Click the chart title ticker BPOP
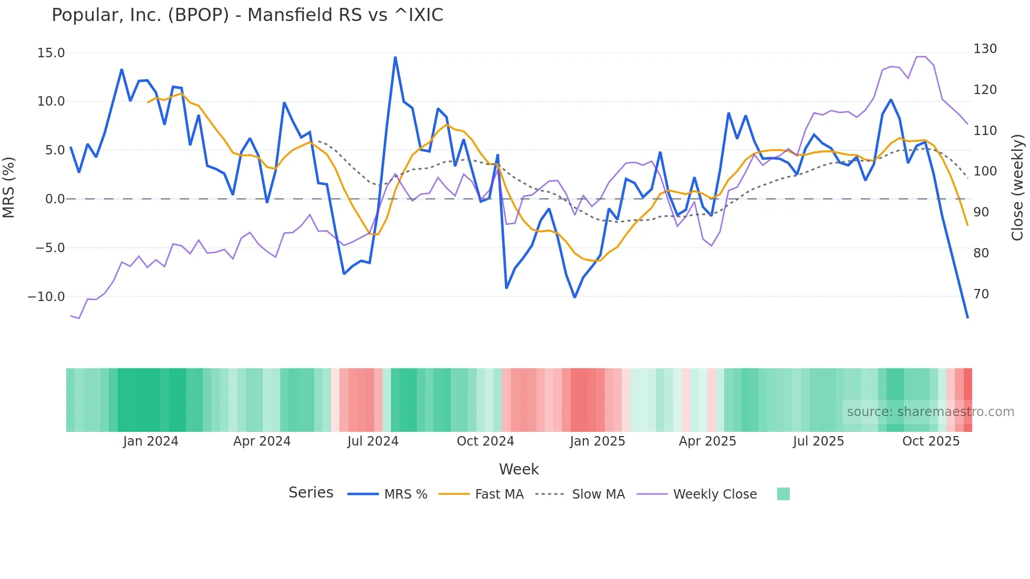(198, 15)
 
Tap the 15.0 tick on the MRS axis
(51, 53)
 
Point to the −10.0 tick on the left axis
(46, 297)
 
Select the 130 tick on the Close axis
(985, 49)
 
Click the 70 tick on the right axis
(981, 294)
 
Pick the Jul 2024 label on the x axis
(373, 441)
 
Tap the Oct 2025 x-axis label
(931, 441)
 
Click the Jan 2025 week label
(597, 441)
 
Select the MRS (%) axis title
(9, 188)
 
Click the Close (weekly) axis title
(1017, 188)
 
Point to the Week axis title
(519, 469)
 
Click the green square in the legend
(783, 494)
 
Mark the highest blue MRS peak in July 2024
(395, 57)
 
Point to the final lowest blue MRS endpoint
(967, 317)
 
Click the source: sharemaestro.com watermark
(930, 412)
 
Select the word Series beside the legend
(311, 493)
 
